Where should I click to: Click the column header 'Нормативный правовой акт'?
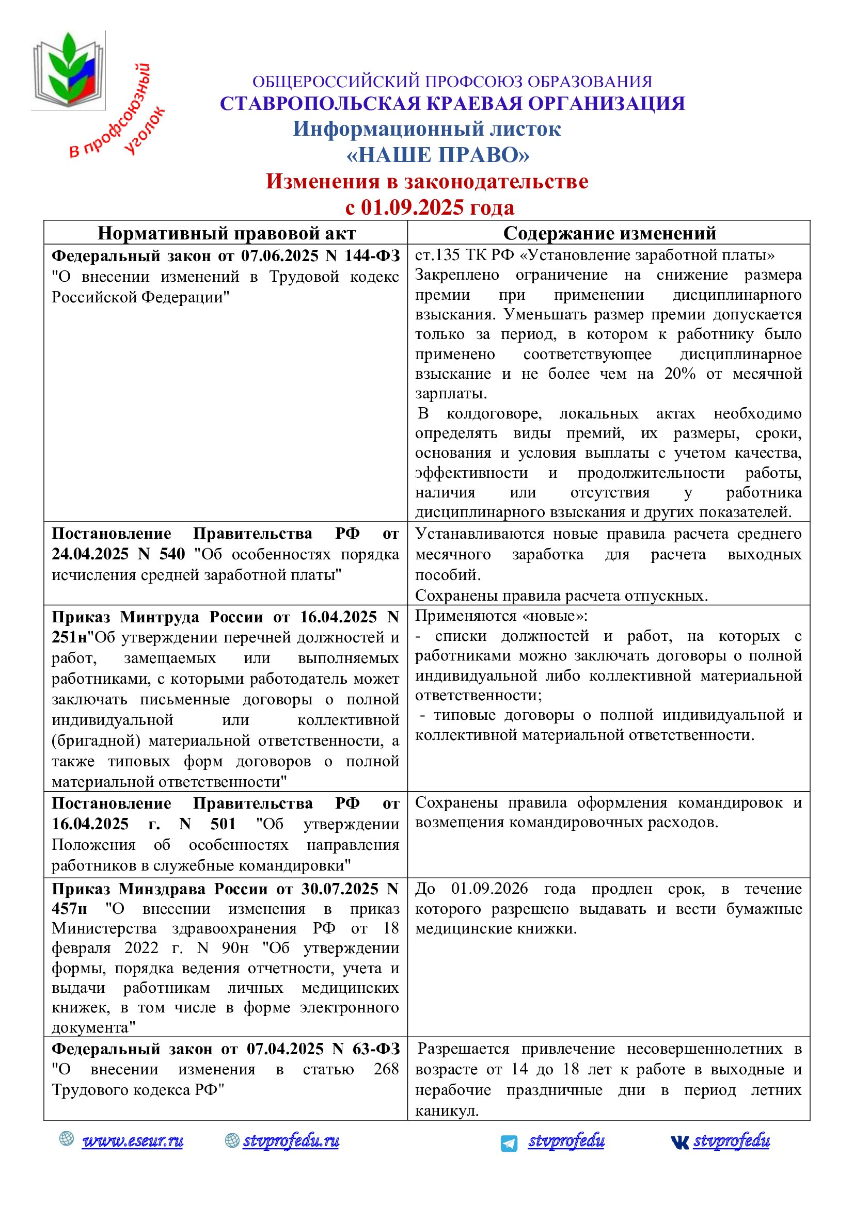coord(226,233)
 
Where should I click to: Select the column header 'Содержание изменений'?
coord(609,233)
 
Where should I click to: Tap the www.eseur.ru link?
coord(133,1141)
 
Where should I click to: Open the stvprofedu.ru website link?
coord(291,1141)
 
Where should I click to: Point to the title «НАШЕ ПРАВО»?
coord(437,155)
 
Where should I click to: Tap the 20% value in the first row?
coord(679,374)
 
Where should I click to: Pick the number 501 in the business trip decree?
coord(223,824)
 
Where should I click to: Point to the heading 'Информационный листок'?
coord(426,129)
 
